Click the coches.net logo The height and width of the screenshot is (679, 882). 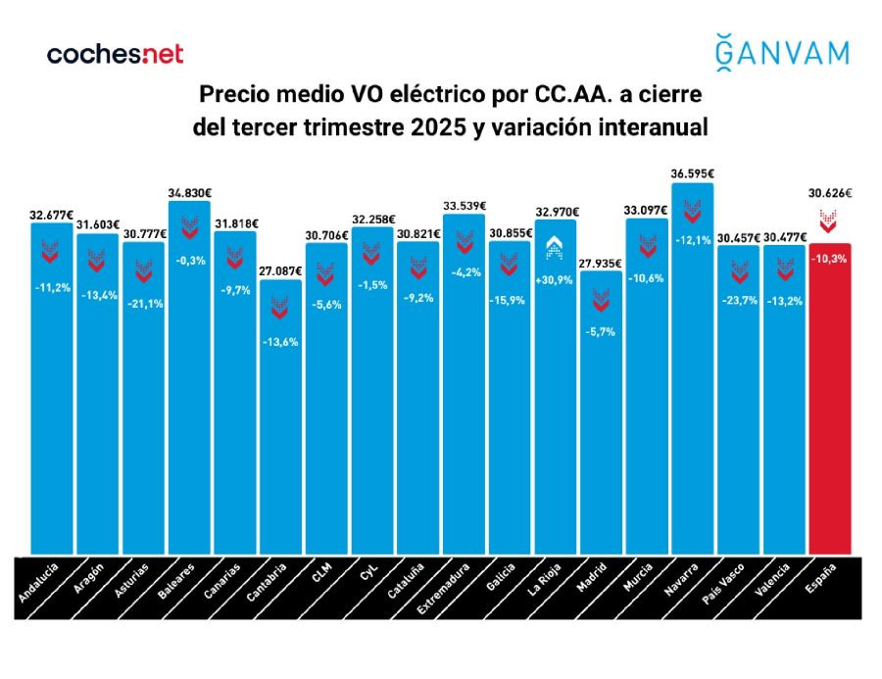pyautogui.click(x=115, y=54)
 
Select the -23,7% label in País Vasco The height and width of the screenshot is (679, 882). pyautogui.click(x=738, y=300)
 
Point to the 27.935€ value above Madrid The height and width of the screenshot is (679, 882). pyautogui.click(x=601, y=264)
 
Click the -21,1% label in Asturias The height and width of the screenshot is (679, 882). pyautogui.click(x=143, y=303)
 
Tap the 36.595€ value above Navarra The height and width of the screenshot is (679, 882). pyautogui.click(x=693, y=173)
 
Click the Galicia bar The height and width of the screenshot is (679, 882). pyautogui.click(x=509, y=412)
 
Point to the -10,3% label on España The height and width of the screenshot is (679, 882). pyautogui.click(x=829, y=258)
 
